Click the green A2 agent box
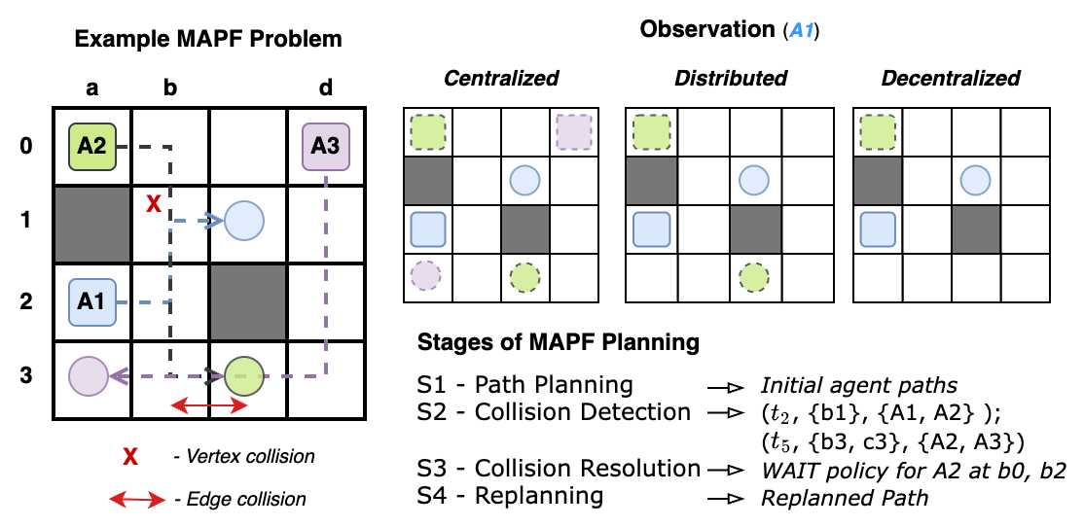click(x=92, y=148)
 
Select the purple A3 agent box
click(x=325, y=148)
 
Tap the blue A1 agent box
click(x=92, y=301)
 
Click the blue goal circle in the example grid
click(x=245, y=222)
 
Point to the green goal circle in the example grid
click(x=245, y=374)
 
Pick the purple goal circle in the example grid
click(x=89, y=374)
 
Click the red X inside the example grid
click(x=152, y=203)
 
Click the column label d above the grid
click(x=325, y=88)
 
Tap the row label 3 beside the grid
click(x=25, y=375)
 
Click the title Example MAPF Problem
click(x=208, y=40)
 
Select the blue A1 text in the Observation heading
click(x=803, y=31)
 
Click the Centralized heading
click(x=501, y=79)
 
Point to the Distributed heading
click(x=731, y=79)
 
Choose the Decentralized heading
click(x=951, y=79)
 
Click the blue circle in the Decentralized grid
click(x=976, y=180)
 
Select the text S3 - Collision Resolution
click(x=559, y=468)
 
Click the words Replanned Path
click(x=845, y=498)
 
